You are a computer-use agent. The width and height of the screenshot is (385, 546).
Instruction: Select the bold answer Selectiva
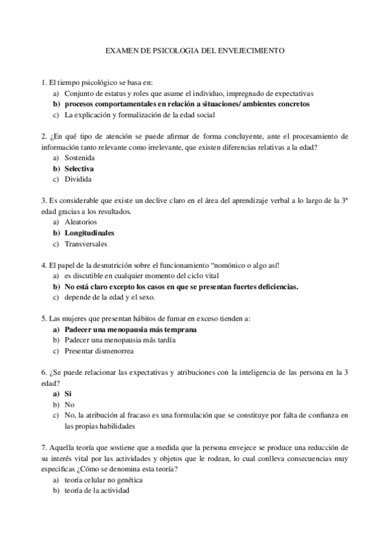(79, 169)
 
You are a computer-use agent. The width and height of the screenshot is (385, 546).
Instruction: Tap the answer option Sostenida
(80, 158)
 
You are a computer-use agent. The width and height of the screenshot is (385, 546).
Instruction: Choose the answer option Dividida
(78, 179)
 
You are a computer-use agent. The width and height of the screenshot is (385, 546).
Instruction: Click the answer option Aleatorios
(80, 222)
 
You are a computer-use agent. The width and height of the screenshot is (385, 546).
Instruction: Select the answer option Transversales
(86, 244)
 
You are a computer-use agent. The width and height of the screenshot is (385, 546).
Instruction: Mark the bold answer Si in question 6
(68, 393)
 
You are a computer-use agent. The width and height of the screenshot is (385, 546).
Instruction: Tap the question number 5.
(42, 319)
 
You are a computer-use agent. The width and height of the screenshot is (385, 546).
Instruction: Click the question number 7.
(42, 447)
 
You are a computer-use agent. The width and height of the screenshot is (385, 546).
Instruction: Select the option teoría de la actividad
(96, 491)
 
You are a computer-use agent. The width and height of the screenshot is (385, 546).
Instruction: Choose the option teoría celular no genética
(103, 480)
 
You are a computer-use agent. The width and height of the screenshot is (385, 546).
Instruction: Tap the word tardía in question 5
(165, 340)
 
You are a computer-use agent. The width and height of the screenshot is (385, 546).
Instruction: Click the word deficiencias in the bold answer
(275, 287)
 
